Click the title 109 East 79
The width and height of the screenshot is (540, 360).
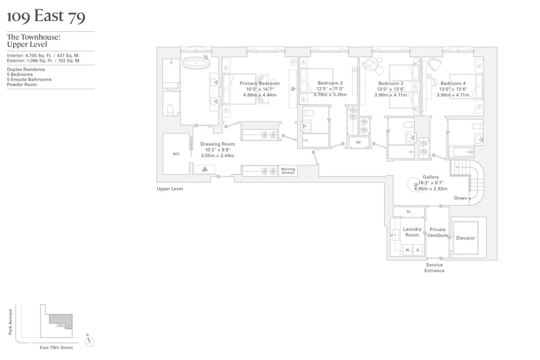pyautogui.click(x=46, y=17)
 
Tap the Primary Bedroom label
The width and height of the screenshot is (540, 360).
pyautogui.click(x=260, y=83)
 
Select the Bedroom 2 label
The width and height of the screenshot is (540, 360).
pyautogui.click(x=330, y=83)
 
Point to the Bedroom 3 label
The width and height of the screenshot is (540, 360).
pyautogui.click(x=391, y=83)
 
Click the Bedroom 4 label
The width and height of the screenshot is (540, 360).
pyautogui.click(x=453, y=83)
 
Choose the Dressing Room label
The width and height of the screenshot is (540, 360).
pyautogui.click(x=217, y=144)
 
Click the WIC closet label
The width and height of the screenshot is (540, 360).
pyautogui.click(x=176, y=154)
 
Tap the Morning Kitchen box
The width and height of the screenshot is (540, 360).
pyautogui.click(x=288, y=171)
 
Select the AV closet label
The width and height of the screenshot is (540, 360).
pyautogui.click(x=359, y=142)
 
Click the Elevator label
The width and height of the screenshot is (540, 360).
pyautogui.click(x=465, y=238)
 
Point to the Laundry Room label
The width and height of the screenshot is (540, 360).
pyautogui.click(x=412, y=232)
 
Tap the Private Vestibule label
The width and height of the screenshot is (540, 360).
pyautogui.click(x=437, y=232)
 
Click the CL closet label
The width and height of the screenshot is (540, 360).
pyautogui.click(x=409, y=211)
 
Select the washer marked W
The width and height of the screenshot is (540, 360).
pyautogui.click(x=407, y=250)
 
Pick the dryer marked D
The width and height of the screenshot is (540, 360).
pyautogui.click(x=418, y=250)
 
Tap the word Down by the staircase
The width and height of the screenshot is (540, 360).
pyautogui.click(x=460, y=198)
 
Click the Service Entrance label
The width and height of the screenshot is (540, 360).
pyautogui.click(x=434, y=268)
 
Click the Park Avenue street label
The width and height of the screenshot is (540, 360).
pyautogui.click(x=10, y=321)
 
